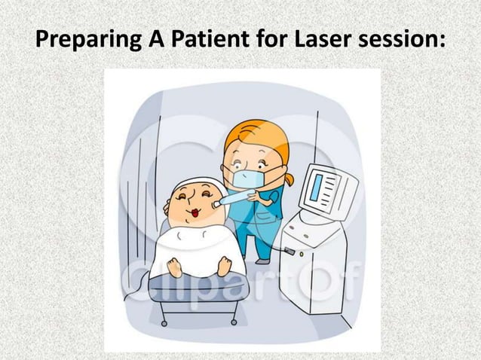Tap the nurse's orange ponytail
(x=289, y=179)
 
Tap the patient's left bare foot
(x=175, y=267)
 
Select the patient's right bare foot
(x=224, y=264)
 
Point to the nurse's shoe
(x=262, y=260)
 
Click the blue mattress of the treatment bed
(x=196, y=288)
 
